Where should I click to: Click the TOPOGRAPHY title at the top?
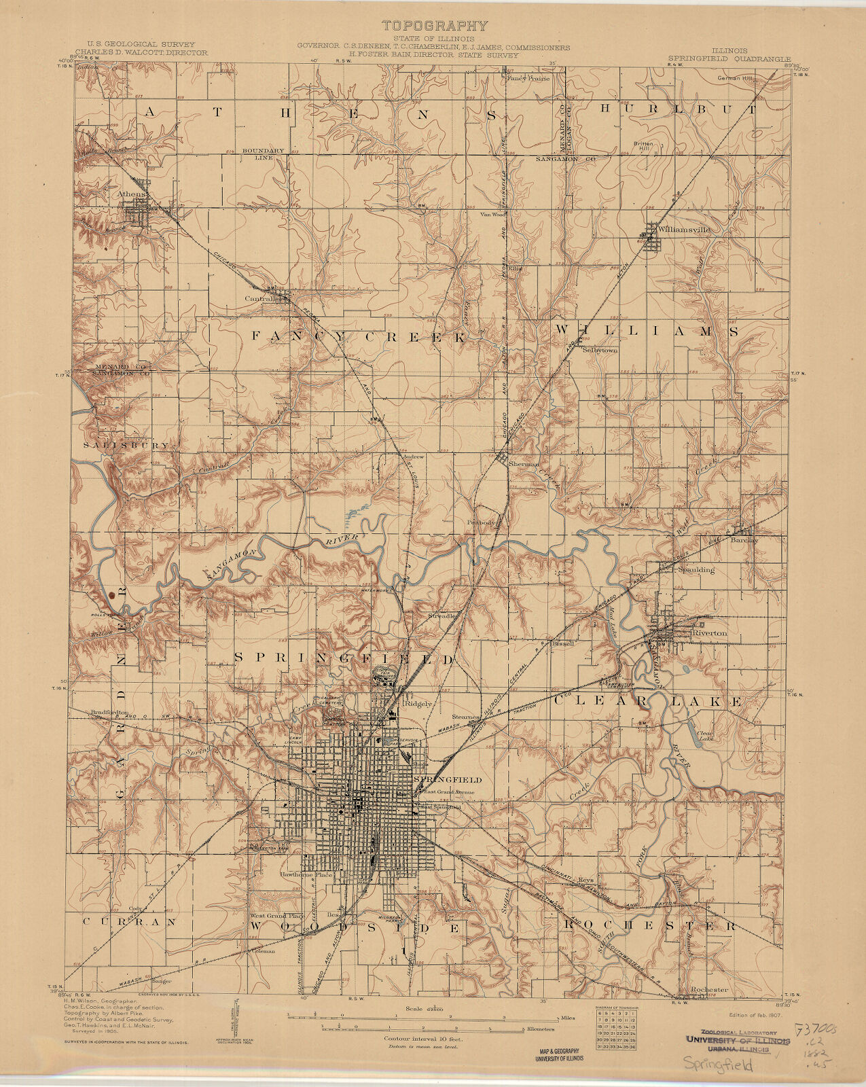click(x=435, y=26)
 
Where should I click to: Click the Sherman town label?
click(x=524, y=463)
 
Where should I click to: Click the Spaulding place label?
click(x=696, y=569)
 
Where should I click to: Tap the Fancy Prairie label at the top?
click(x=528, y=77)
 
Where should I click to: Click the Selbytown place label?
click(x=600, y=351)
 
